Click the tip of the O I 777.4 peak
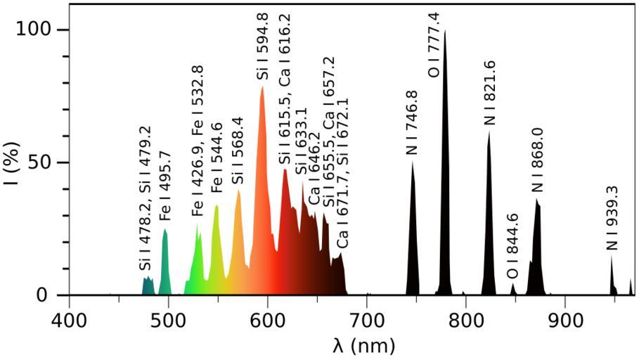(444, 31)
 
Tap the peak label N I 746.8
(412, 122)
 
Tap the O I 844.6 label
(512, 245)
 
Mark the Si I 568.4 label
(238, 150)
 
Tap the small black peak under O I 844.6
(513, 289)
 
